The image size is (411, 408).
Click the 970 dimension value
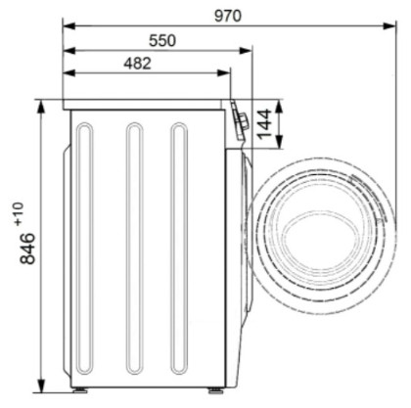[x=228, y=16]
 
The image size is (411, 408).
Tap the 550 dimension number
[x=162, y=41]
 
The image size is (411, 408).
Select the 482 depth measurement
[x=137, y=64]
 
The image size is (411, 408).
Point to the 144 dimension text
[x=264, y=123]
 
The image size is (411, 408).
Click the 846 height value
[x=27, y=249]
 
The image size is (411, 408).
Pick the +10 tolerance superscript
[x=19, y=213]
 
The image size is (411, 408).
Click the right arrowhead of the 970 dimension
[x=389, y=25]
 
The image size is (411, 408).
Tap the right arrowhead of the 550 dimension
[x=246, y=51]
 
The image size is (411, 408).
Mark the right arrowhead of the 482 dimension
[x=224, y=73]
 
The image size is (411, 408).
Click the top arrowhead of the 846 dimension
[x=41, y=107]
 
